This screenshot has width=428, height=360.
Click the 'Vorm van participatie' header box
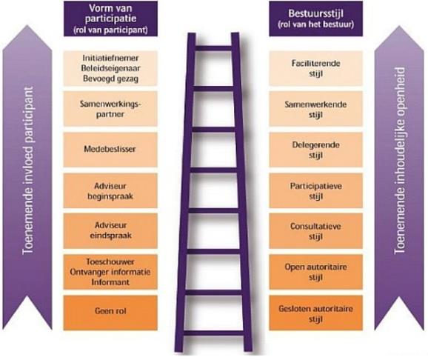110,19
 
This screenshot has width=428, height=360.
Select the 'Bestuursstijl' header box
315,19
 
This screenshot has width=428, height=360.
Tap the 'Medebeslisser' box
110,150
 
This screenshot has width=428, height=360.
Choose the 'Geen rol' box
110,313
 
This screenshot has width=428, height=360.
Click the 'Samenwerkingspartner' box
110,109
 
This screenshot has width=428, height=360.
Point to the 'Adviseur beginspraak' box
110,190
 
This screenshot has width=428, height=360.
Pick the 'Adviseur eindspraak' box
110,231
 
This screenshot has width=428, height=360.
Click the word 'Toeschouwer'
110,261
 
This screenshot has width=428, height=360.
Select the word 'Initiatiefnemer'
110,58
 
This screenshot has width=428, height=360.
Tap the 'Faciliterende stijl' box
315,68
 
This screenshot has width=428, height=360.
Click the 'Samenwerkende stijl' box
315,109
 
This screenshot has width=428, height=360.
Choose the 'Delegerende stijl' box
315,150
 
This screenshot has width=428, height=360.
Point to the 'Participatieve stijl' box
315,190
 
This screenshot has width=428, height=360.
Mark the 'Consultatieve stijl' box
315,231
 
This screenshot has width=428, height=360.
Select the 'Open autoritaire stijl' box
315,272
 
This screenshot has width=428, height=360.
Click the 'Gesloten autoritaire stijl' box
315,313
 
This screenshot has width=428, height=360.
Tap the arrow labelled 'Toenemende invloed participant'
27,178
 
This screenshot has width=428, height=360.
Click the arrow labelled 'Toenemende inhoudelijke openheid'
399,178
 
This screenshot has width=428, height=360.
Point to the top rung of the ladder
213,49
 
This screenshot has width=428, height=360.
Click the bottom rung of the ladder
213,333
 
